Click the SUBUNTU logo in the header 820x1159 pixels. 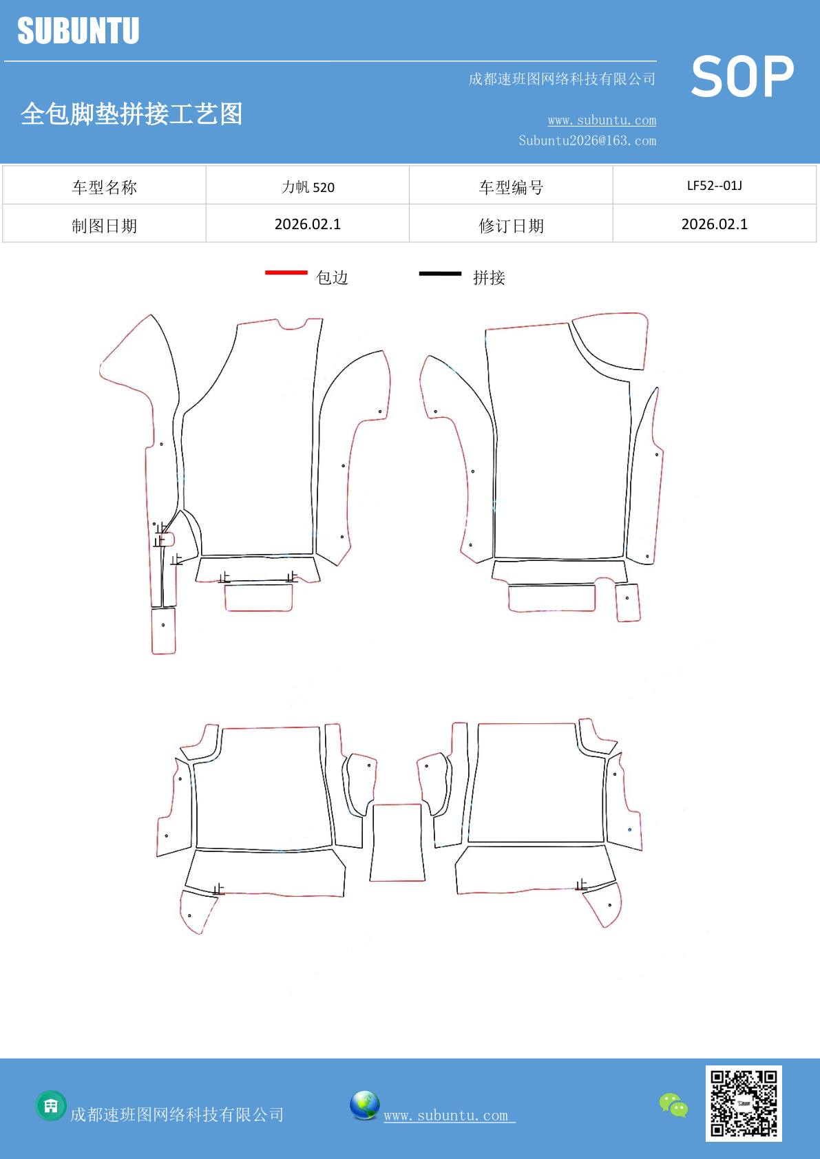click(78, 30)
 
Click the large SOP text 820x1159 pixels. click(742, 76)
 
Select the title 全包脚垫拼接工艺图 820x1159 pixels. click(132, 114)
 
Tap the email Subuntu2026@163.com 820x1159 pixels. click(587, 140)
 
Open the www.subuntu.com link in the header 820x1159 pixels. click(602, 120)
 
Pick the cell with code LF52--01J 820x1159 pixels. click(715, 186)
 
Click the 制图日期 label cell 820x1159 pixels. click(104, 225)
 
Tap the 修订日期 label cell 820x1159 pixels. click(511, 225)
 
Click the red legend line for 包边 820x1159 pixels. click(286, 272)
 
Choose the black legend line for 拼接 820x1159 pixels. click(440, 273)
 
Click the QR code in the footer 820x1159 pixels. click(744, 1103)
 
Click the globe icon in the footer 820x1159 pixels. click(364, 1105)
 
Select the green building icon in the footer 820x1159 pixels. click(51, 1105)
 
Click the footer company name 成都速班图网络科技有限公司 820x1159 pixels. click(177, 1114)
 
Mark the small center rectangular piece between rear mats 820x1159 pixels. click(397, 842)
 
